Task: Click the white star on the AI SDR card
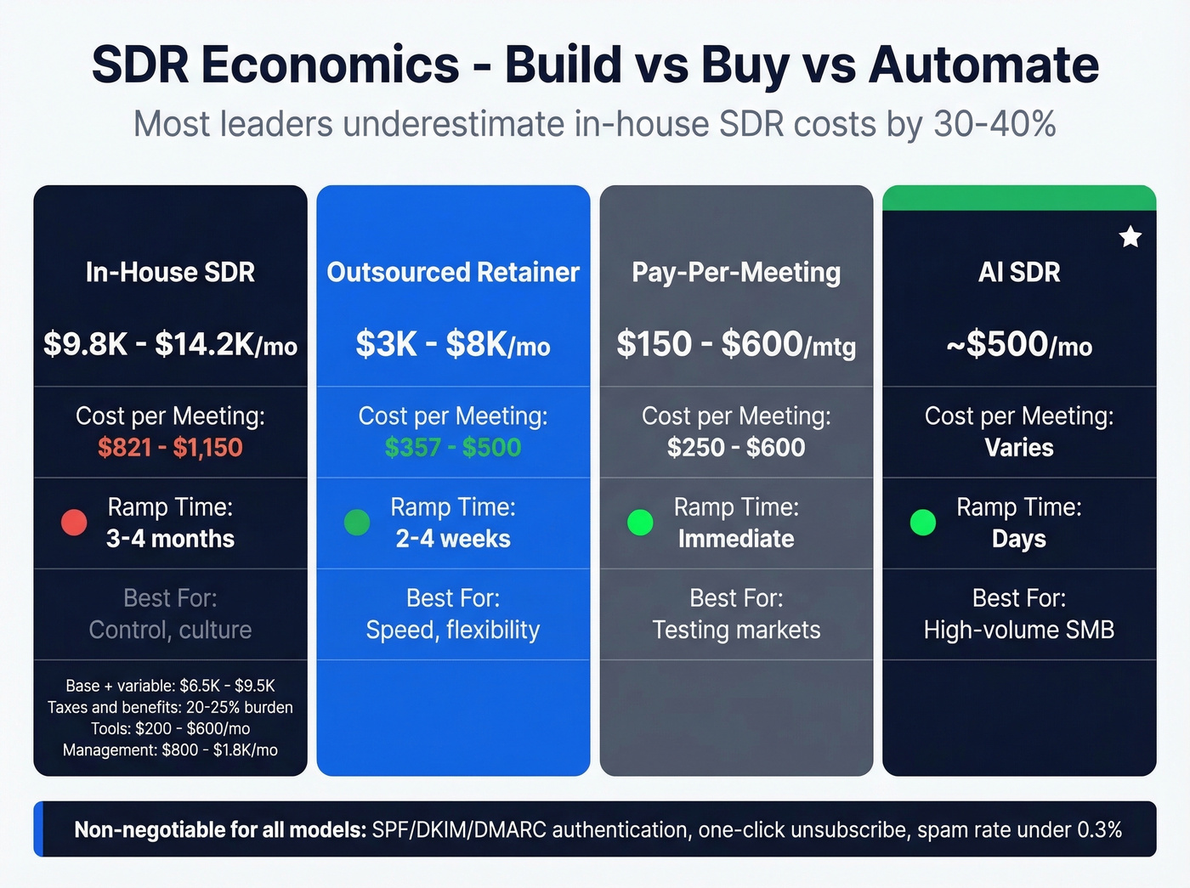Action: coord(1130,237)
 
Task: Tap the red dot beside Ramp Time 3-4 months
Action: coord(74,523)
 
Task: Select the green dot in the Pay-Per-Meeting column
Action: coord(640,523)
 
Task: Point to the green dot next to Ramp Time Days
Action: coord(922,523)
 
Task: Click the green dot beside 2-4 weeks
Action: coord(357,523)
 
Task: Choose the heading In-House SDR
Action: coord(170,272)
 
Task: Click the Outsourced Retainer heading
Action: coord(453,272)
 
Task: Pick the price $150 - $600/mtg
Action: coord(736,344)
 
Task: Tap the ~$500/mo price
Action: coord(1019,344)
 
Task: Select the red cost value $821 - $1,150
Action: coord(170,448)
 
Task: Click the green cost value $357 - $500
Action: coord(453,448)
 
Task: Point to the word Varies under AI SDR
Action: coord(1019,448)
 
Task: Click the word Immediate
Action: coord(736,539)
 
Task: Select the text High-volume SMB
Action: coord(1019,630)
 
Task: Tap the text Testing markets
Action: coord(736,630)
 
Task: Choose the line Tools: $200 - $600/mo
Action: coord(170,728)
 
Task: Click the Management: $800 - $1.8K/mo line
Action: coord(170,749)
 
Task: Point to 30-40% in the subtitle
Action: coord(994,124)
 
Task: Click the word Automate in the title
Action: coord(983,65)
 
